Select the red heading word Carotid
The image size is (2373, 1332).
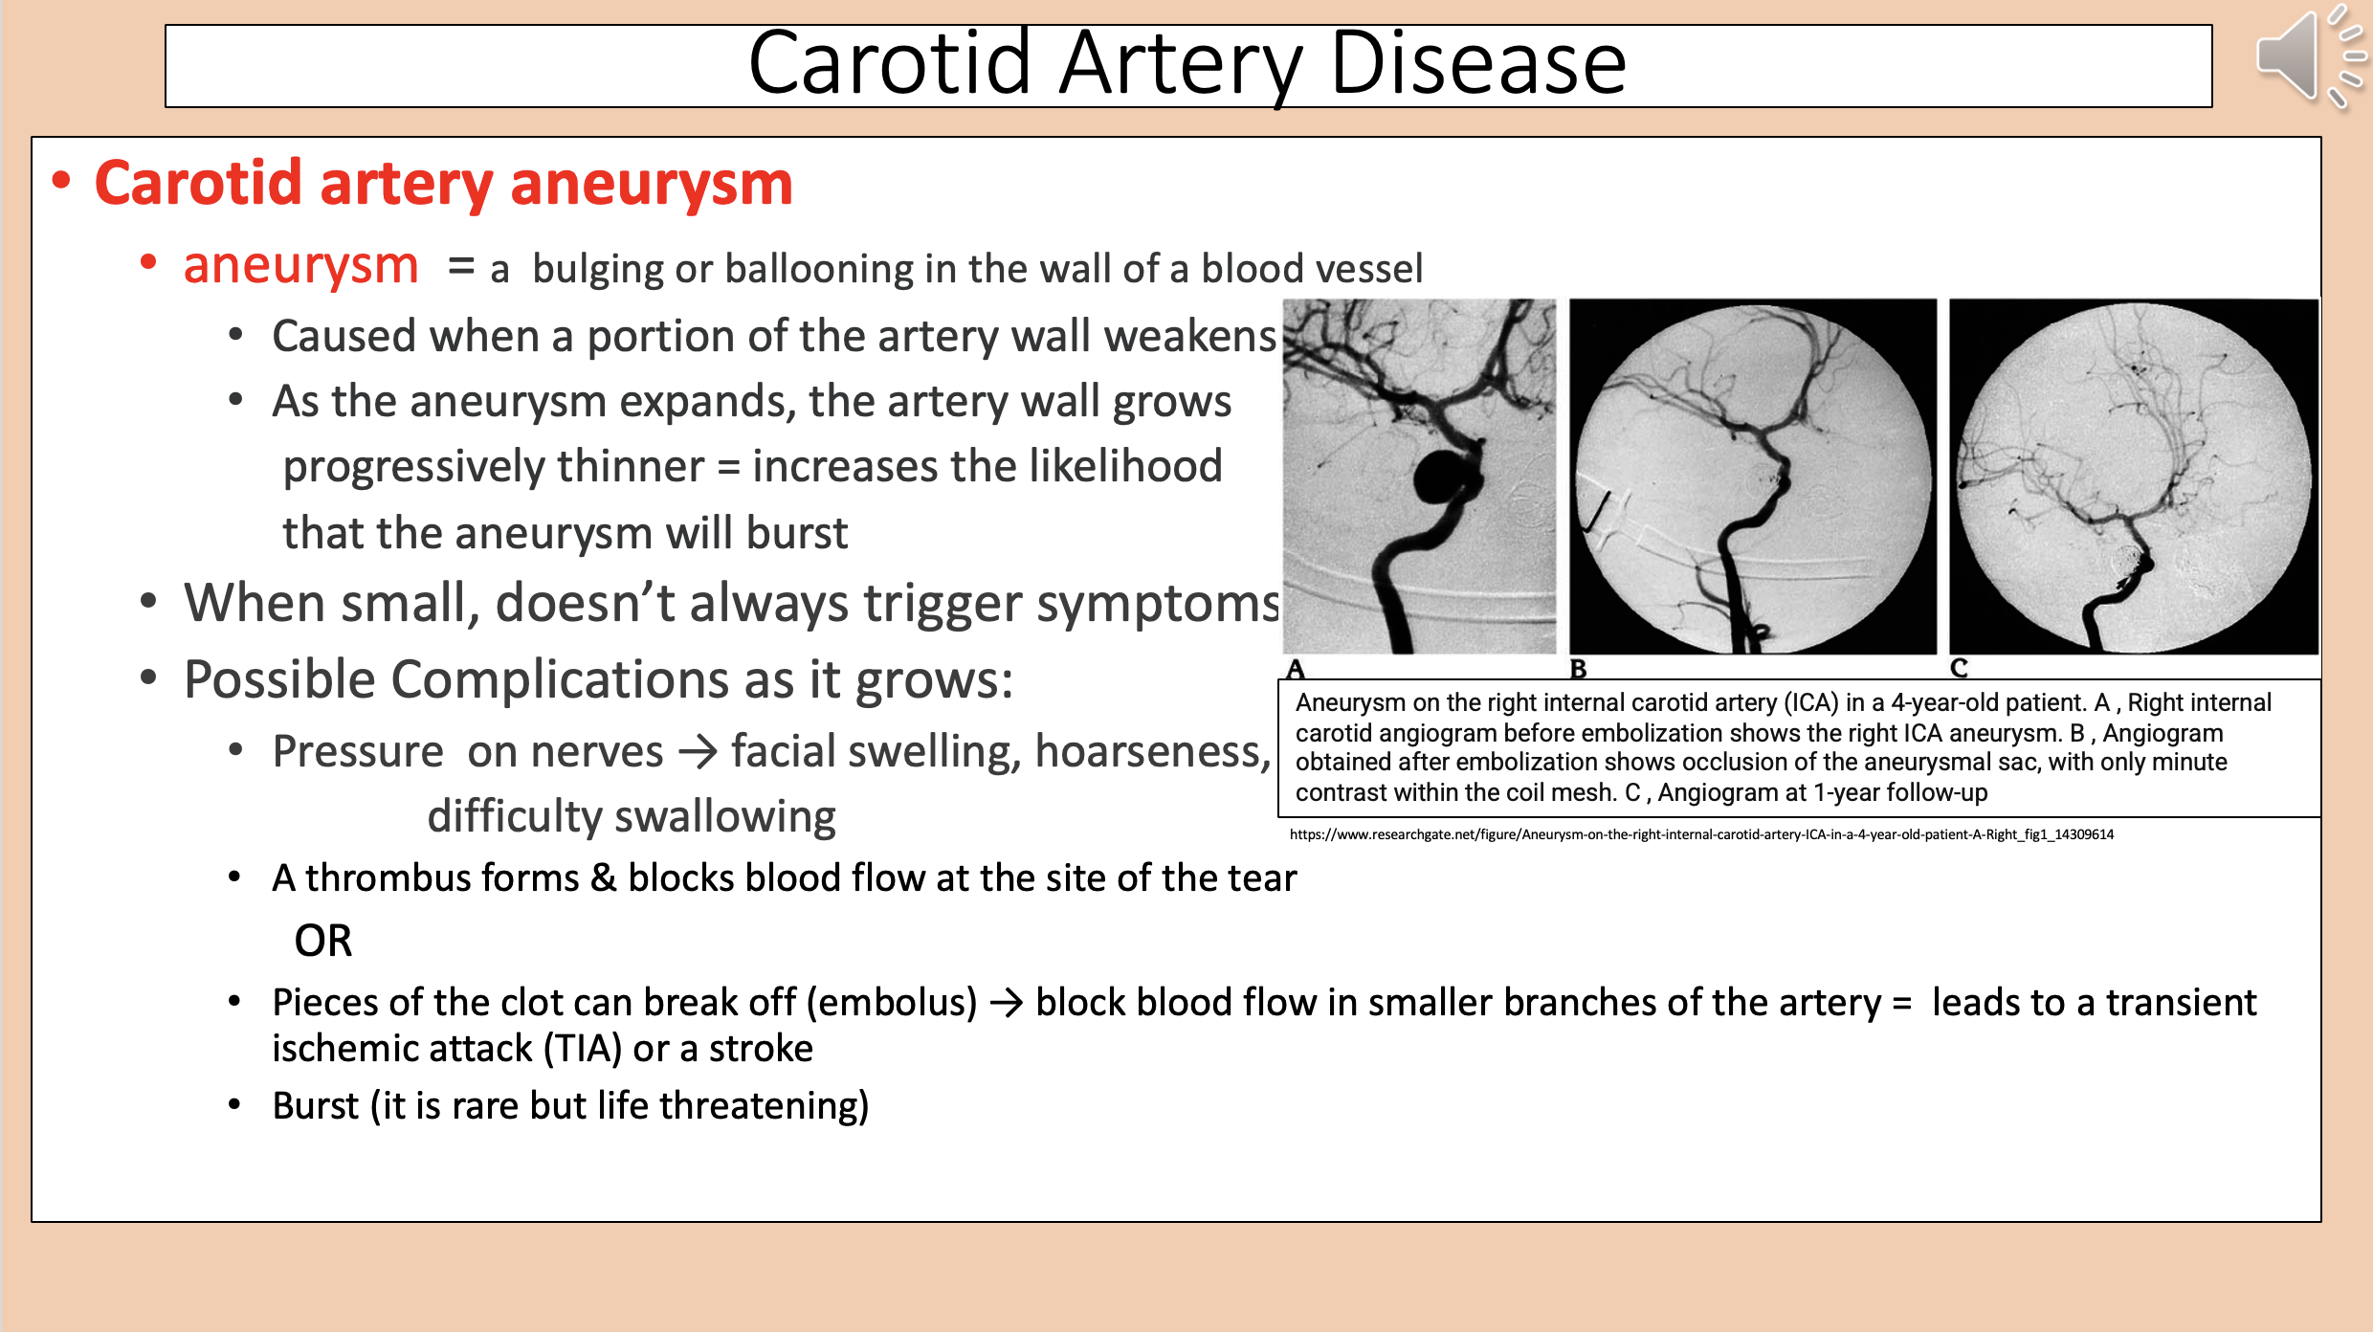(198, 183)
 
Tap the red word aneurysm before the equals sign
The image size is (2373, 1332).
(300, 265)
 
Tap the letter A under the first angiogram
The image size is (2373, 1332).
(1297, 668)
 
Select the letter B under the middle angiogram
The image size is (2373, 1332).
(1578, 668)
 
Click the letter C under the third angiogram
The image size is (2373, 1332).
(1960, 668)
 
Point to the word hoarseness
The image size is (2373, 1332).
(1152, 752)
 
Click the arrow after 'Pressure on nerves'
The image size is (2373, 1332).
(698, 752)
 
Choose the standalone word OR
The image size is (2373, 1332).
(323, 941)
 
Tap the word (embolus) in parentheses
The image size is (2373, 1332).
(892, 1003)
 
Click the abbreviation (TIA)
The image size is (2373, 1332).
(583, 1049)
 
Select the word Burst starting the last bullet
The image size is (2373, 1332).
(315, 1106)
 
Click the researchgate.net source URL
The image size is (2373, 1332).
(1701, 834)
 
